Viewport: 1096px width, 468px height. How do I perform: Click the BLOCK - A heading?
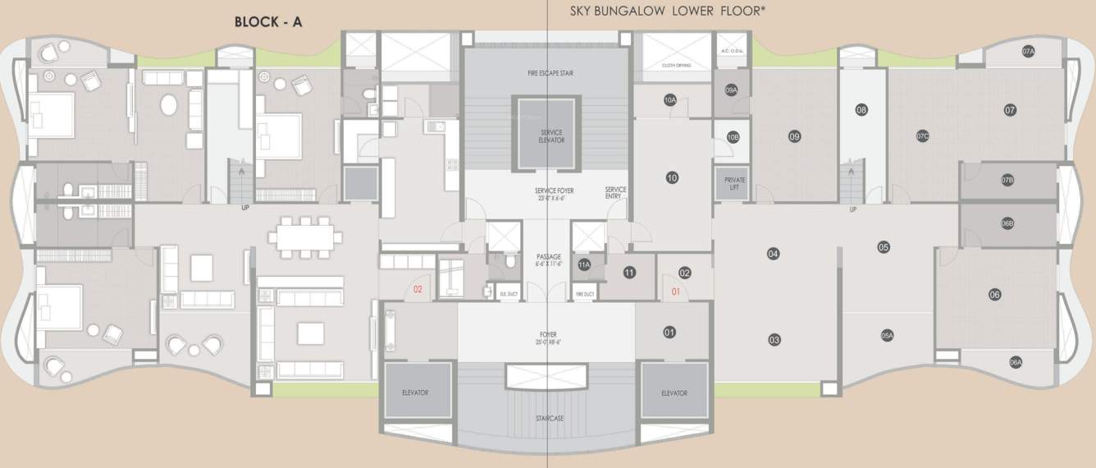pos(268,22)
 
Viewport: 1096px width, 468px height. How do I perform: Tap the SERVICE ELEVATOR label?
pos(551,135)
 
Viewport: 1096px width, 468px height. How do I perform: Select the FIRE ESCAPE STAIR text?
pos(550,73)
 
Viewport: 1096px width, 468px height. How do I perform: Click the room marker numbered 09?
pos(794,136)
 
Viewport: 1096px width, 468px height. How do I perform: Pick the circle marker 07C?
pos(922,136)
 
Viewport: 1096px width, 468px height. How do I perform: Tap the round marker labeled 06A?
pos(1016,362)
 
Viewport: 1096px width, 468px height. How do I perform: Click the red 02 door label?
pos(418,289)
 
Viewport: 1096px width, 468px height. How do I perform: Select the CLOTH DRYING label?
pos(676,65)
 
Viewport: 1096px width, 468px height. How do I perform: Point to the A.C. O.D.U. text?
pos(731,51)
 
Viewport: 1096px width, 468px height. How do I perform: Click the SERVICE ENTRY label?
pos(615,193)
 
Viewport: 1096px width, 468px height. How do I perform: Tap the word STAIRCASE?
pos(548,418)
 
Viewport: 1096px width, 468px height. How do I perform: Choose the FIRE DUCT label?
pos(584,293)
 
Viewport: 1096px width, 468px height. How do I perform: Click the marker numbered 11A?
pos(584,265)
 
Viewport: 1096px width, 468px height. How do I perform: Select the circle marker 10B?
pos(733,137)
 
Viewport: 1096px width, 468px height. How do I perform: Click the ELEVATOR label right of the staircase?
pos(674,392)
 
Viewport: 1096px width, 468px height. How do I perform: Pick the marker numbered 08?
pos(861,110)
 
